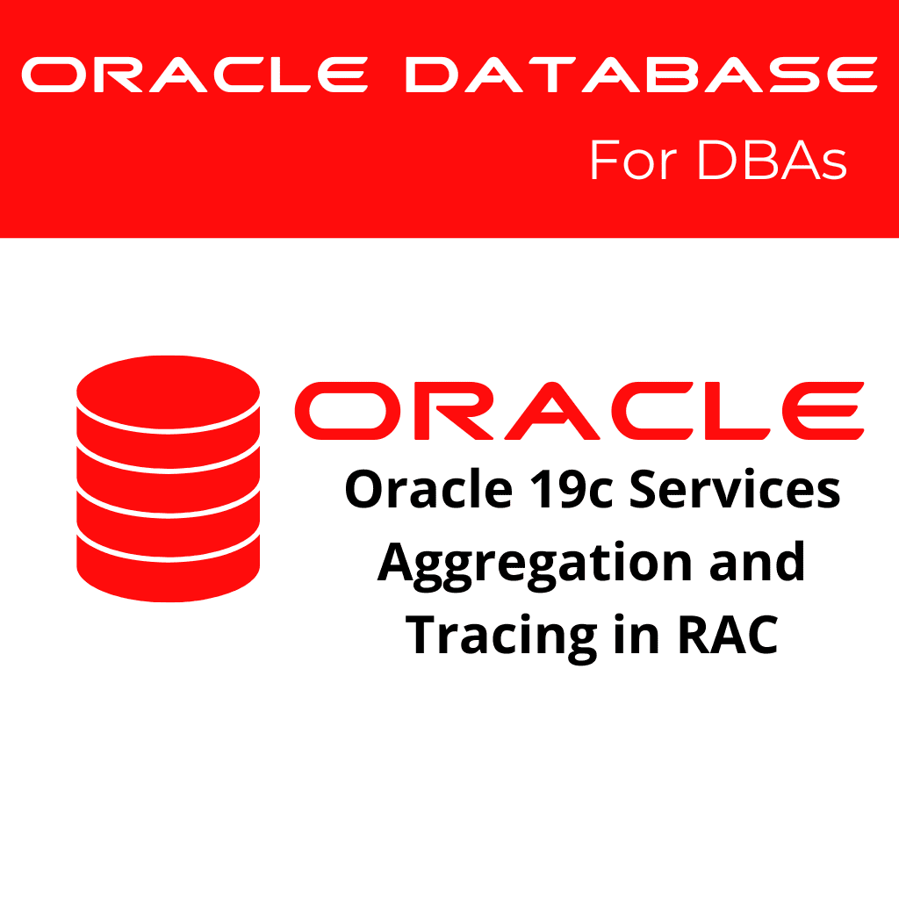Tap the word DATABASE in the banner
(641, 76)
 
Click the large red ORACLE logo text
(579, 410)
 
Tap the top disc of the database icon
(169, 386)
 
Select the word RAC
(728, 634)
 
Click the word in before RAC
(635, 634)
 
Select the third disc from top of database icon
(169, 509)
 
